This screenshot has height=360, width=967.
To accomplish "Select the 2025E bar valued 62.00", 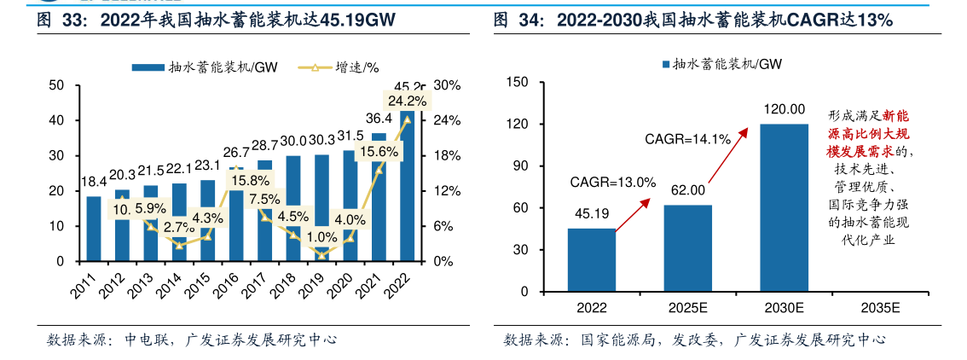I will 687,248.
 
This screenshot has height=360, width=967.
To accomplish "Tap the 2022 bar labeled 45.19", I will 591,260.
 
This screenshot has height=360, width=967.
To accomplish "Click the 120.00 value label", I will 784,109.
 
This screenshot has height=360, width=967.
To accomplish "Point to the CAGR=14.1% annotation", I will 687,139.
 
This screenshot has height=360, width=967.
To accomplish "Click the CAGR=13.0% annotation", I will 613,182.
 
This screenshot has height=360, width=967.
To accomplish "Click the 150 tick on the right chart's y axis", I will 518,82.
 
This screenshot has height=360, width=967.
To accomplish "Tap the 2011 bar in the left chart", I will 93,229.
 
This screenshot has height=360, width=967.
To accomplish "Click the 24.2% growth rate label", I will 407,102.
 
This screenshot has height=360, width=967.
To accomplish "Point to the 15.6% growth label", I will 379,152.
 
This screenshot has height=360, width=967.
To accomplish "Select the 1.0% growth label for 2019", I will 321,237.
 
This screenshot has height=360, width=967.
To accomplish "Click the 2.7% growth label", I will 179,227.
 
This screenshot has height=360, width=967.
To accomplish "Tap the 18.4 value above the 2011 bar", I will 93,182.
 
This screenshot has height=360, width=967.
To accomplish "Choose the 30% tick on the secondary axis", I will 448,85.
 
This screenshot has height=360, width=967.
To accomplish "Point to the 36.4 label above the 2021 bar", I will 379,118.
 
